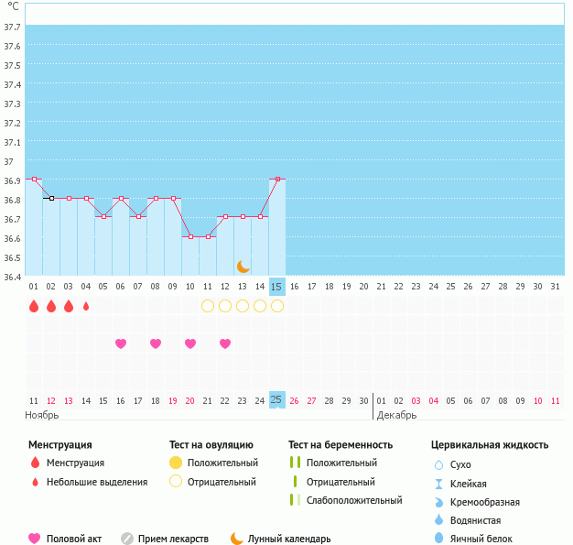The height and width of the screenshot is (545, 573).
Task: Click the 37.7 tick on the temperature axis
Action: tap(13, 27)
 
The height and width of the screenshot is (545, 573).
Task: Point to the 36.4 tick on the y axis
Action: tap(13, 276)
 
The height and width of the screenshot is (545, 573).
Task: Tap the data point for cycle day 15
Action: tap(277, 180)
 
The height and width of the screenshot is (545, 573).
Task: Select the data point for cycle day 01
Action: tap(34, 180)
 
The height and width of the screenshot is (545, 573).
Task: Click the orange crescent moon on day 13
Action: tap(243, 266)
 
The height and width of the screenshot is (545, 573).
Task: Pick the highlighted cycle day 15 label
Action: tap(277, 287)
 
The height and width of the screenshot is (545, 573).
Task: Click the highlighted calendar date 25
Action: tap(277, 400)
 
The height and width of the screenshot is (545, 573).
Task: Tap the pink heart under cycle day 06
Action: tap(121, 343)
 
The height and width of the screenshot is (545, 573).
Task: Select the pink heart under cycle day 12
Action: tap(225, 343)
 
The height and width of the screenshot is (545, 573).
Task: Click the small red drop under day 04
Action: tap(86, 306)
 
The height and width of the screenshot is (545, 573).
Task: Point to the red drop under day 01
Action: tap(34, 306)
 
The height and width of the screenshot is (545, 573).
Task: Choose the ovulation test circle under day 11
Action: tap(208, 306)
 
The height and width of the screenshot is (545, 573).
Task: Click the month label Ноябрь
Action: tap(42, 415)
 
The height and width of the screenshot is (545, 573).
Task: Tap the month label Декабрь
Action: tap(396, 415)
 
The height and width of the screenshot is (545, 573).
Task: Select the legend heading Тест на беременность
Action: tap(340, 445)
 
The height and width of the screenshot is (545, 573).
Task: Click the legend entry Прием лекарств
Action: tap(173, 540)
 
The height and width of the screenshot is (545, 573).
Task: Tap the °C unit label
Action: tap(14, 6)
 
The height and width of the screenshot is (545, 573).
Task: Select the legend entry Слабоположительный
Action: tap(354, 500)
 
